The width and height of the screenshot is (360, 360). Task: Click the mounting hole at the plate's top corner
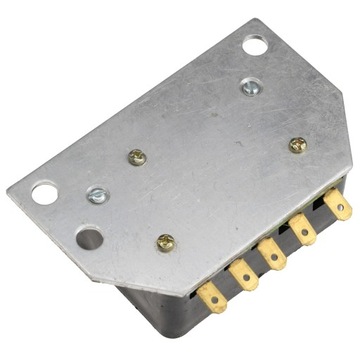pos(255,44)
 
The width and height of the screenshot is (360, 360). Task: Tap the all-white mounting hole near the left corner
pos(45,192)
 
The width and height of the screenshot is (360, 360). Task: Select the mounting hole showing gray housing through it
pos(89,238)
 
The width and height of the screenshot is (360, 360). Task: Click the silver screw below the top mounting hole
pos(249,87)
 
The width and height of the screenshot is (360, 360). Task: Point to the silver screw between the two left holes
pos(97,197)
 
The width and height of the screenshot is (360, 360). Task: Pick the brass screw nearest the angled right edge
pos(297,145)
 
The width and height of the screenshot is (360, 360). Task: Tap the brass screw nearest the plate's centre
pos(138,156)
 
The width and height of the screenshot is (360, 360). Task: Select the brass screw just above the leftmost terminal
pos(167,241)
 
